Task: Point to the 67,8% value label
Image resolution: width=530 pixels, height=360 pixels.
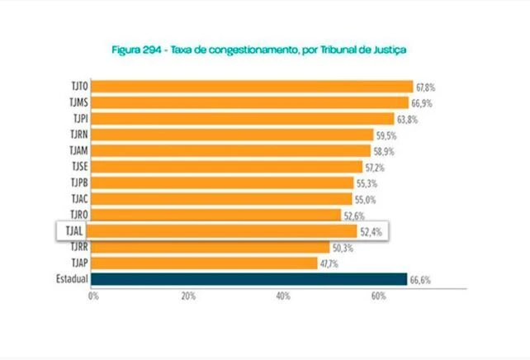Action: click(427, 87)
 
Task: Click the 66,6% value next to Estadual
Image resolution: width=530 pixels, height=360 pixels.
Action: click(419, 281)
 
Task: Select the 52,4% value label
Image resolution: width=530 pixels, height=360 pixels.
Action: click(370, 232)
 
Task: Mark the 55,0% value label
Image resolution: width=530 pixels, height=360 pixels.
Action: click(366, 199)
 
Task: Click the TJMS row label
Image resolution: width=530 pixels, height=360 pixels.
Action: click(81, 103)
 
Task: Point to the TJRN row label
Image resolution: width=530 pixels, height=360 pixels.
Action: click(81, 135)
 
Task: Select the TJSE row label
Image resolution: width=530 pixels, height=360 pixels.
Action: click(81, 167)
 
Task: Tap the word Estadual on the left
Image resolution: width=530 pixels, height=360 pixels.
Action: click(72, 279)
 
